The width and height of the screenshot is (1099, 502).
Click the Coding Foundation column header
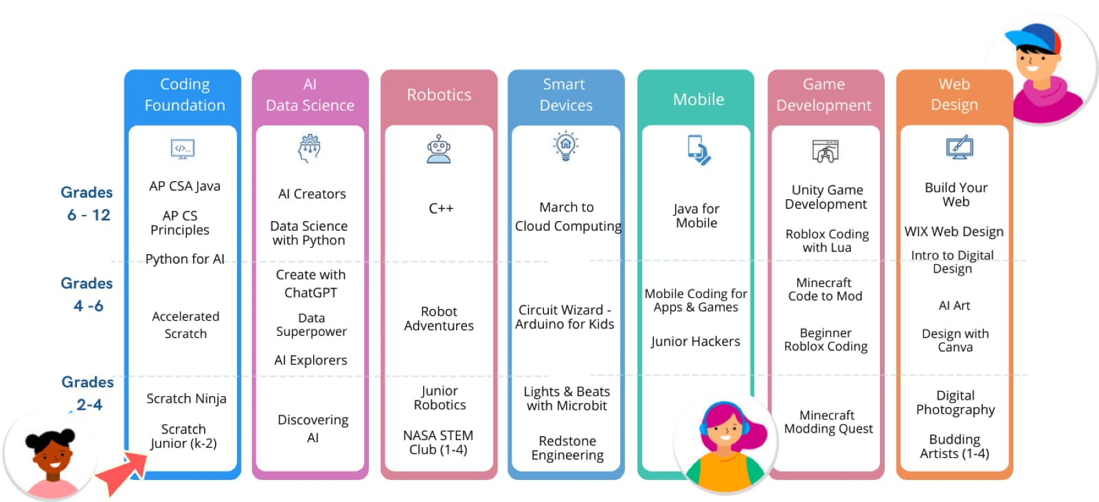[x=184, y=95]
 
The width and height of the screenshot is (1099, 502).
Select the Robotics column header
[x=439, y=95]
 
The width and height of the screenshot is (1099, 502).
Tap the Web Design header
[x=954, y=95]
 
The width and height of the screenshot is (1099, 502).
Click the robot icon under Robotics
[x=439, y=149]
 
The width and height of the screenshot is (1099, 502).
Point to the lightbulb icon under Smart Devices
[x=565, y=146]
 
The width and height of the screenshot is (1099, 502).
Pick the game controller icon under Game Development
[x=825, y=151]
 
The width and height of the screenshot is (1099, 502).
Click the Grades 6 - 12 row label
[x=87, y=203]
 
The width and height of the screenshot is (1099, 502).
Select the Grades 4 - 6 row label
[x=87, y=294]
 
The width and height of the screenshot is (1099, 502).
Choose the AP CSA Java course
[x=184, y=186]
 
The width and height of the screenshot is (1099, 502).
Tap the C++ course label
[x=440, y=208]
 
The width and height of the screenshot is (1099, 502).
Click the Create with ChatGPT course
[x=310, y=284]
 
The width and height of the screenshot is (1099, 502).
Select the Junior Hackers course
[x=695, y=341]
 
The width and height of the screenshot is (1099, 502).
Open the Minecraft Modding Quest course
[x=828, y=422]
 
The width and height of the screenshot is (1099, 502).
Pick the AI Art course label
[x=954, y=306]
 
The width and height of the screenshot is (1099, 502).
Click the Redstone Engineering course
[x=567, y=448]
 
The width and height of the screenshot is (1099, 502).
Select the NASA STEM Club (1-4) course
[x=438, y=442]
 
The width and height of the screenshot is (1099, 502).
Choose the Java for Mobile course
[x=696, y=216]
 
